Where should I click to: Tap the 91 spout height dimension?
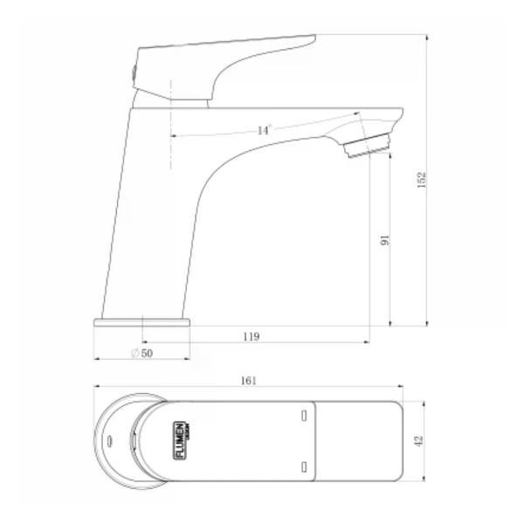(384, 240)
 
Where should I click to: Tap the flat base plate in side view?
(141, 322)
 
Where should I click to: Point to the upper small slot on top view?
(303, 416)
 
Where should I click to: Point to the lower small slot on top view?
(303, 469)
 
